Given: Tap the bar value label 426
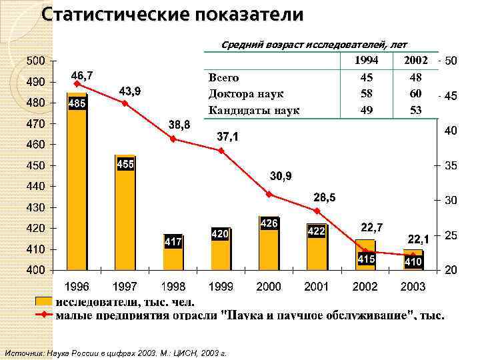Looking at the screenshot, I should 269,223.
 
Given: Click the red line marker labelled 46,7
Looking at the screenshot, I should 77,84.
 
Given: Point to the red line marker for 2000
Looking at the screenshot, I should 269,194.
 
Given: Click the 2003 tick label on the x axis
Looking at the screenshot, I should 413,287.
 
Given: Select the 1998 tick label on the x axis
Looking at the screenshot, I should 173,287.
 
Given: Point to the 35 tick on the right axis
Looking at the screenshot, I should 451,165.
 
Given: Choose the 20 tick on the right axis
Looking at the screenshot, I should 451,270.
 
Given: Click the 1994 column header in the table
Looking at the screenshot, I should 366,61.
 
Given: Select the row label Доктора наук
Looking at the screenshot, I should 246,93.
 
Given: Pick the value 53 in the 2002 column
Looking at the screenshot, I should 415,110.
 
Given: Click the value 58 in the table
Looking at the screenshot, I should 366,93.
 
